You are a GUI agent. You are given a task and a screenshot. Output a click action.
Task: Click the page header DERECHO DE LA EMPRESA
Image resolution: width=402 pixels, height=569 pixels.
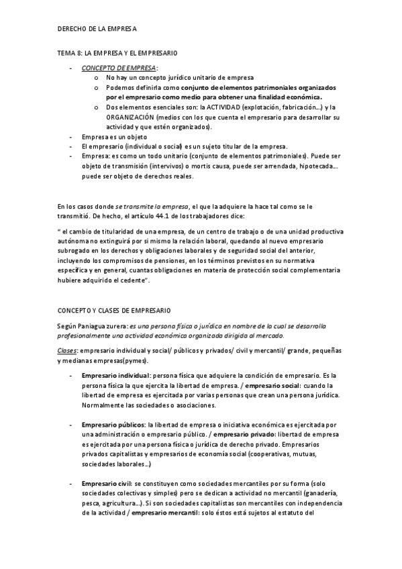click(x=97, y=30)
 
